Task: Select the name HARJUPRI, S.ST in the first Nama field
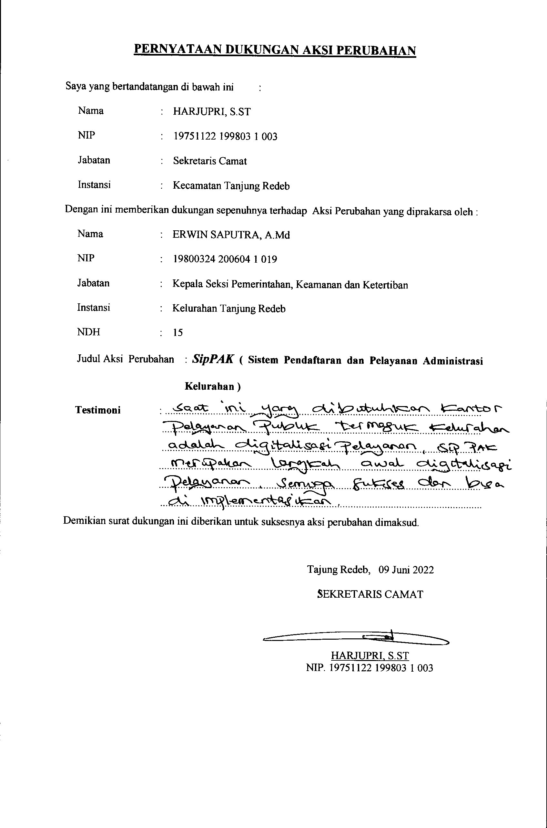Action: tap(212, 112)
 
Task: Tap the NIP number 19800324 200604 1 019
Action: tap(225, 259)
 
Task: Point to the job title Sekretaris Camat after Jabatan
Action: tap(210, 161)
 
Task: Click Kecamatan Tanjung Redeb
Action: tap(231, 186)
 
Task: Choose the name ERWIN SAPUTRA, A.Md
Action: tap(231, 235)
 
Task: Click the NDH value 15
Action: tap(177, 332)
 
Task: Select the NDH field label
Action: tap(89, 332)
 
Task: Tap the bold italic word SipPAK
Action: tap(213, 359)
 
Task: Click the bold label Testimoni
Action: tap(98, 410)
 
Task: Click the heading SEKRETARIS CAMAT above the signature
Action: tap(370, 594)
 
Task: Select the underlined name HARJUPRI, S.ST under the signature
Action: tap(370, 655)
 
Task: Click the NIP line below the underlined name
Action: tap(370, 668)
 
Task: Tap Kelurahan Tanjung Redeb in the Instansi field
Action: tap(229, 309)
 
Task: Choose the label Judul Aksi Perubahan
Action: tap(125, 359)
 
